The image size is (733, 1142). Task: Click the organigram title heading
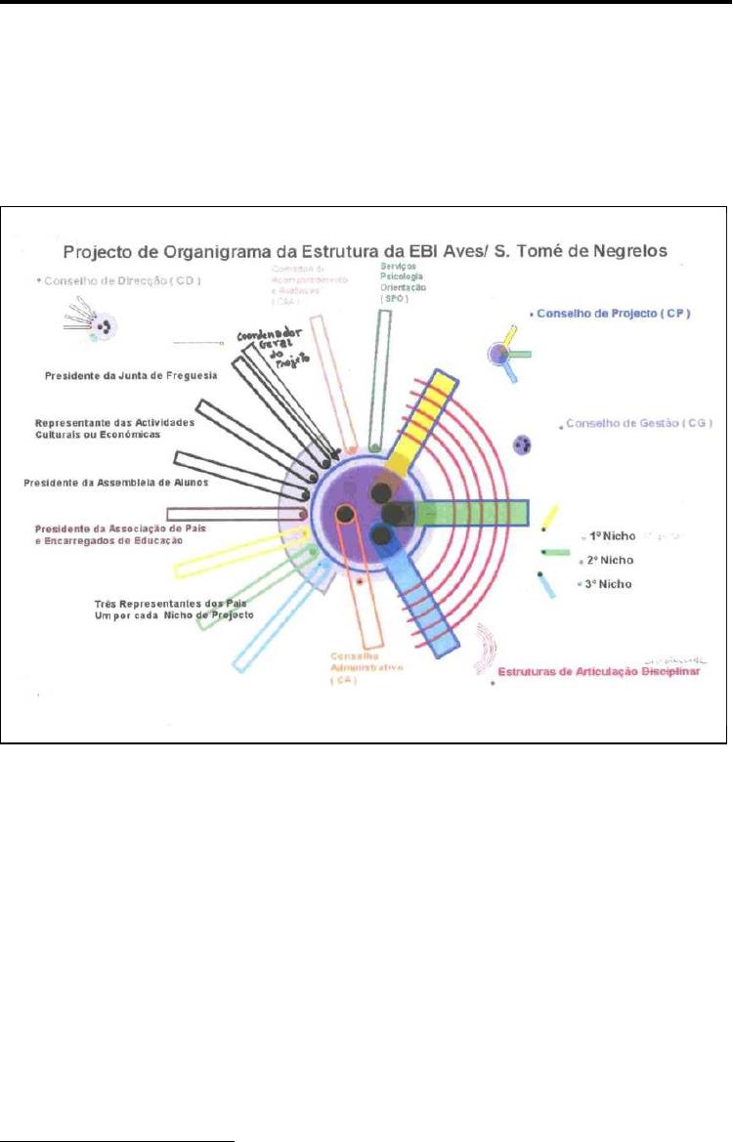point(366,250)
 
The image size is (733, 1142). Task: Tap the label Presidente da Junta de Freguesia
point(131,374)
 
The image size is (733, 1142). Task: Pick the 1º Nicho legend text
point(606,536)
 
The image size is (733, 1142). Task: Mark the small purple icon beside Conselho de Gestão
point(523,445)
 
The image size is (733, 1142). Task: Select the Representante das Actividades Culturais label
point(114,428)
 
